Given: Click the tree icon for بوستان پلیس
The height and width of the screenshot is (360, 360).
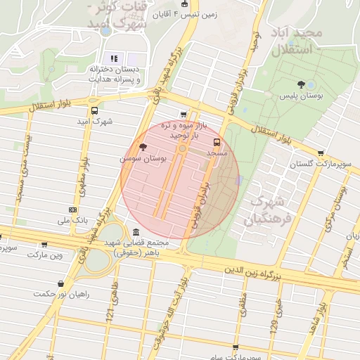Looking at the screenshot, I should (301, 84).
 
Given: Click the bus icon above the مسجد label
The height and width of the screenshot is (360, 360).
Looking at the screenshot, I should (216, 141).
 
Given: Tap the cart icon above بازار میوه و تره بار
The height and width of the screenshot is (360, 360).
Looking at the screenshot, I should (184, 115).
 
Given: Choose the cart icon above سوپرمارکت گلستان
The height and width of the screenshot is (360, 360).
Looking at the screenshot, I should (321, 152).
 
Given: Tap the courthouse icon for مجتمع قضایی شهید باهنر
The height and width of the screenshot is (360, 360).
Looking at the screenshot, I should (135, 232).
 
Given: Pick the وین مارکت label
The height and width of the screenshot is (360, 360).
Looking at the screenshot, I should (45, 255).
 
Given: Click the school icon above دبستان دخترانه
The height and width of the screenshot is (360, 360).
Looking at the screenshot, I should (112, 58).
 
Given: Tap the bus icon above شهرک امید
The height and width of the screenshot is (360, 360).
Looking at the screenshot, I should (94, 110).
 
